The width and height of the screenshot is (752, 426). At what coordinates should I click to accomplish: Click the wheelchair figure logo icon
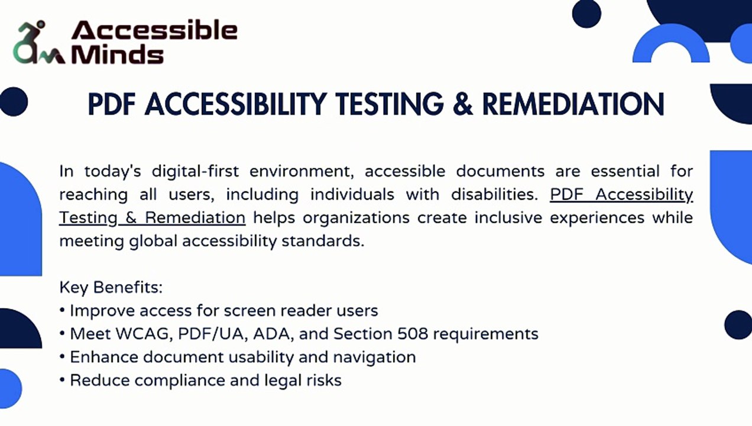pos(38,43)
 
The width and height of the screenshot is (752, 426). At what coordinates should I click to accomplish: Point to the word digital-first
pos(195,171)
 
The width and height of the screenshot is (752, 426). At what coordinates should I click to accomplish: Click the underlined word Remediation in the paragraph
pos(195,217)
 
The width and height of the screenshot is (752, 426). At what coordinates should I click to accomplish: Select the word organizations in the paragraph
pos(356,218)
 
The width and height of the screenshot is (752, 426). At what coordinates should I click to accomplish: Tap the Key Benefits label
pos(111,288)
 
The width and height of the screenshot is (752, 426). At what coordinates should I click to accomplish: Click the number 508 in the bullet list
pos(413,334)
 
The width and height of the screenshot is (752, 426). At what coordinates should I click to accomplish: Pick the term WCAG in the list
pos(144,334)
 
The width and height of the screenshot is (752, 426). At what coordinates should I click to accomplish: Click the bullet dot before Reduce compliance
pos(62,380)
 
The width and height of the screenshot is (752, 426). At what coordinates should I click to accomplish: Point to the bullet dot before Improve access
pos(62,310)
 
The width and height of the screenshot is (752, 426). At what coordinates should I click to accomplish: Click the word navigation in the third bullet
pos(374,357)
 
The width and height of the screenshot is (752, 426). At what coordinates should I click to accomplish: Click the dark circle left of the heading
pos(14,102)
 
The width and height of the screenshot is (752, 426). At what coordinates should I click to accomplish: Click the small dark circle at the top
pos(586,14)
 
